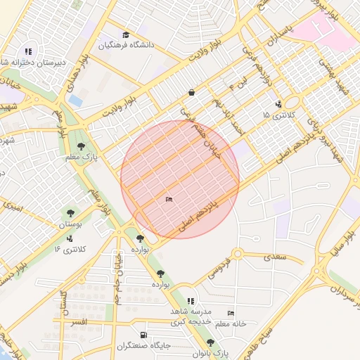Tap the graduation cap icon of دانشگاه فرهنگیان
(x=126, y=35)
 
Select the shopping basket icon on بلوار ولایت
(x=191, y=92)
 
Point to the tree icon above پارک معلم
(x=83, y=146)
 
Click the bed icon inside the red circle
(x=168, y=200)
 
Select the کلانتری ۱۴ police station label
(x=70, y=249)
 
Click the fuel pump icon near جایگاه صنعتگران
(x=144, y=335)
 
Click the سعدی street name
(x=275, y=257)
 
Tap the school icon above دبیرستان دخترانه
(x=28, y=51)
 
